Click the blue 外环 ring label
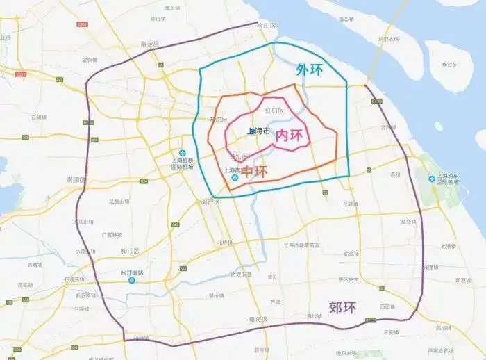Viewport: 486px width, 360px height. pyautogui.click(x=310, y=70)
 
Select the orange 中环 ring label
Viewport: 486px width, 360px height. pyautogui.click(x=254, y=171)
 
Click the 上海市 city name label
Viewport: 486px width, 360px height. pyautogui.click(x=258, y=131)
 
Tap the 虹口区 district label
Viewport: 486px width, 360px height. pyautogui.click(x=275, y=111)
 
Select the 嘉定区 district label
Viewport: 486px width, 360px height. pyautogui.click(x=150, y=44)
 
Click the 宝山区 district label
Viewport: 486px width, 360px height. pyautogui.click(x=267, y=26)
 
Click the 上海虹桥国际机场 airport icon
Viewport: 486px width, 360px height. pyautogui.click(x=183, y=154)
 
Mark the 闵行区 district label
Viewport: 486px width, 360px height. pyautogui.click(x=210, y=202)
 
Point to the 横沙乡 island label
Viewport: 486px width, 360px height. pyautogui.click(x=449, y=64)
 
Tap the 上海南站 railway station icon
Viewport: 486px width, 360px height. pyautogui.click(x=235, y=177)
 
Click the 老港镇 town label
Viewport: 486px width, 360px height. pyautogui.click(x=449, y=246)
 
